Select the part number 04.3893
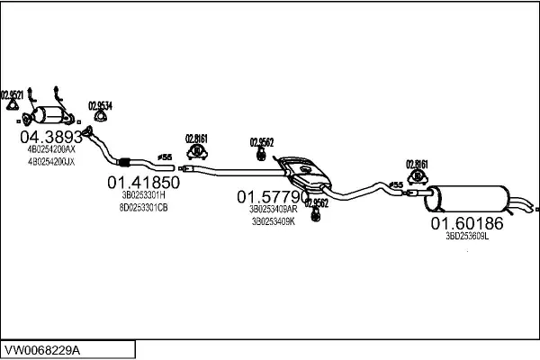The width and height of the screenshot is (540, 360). (51, 138)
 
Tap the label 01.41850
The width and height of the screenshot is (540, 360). (144, 182)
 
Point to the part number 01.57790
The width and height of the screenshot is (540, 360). (273, 196)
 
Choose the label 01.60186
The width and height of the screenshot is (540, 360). (466, 222)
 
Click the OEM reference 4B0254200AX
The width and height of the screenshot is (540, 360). (51, 151)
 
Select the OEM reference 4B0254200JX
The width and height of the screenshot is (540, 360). (51, 162)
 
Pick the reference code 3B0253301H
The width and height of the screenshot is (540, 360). (144, 194)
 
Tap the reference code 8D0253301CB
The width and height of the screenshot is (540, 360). (144, 207)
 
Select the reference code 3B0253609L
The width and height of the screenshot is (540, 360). (466, 236)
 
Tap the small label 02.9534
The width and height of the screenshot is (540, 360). (100, 105)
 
